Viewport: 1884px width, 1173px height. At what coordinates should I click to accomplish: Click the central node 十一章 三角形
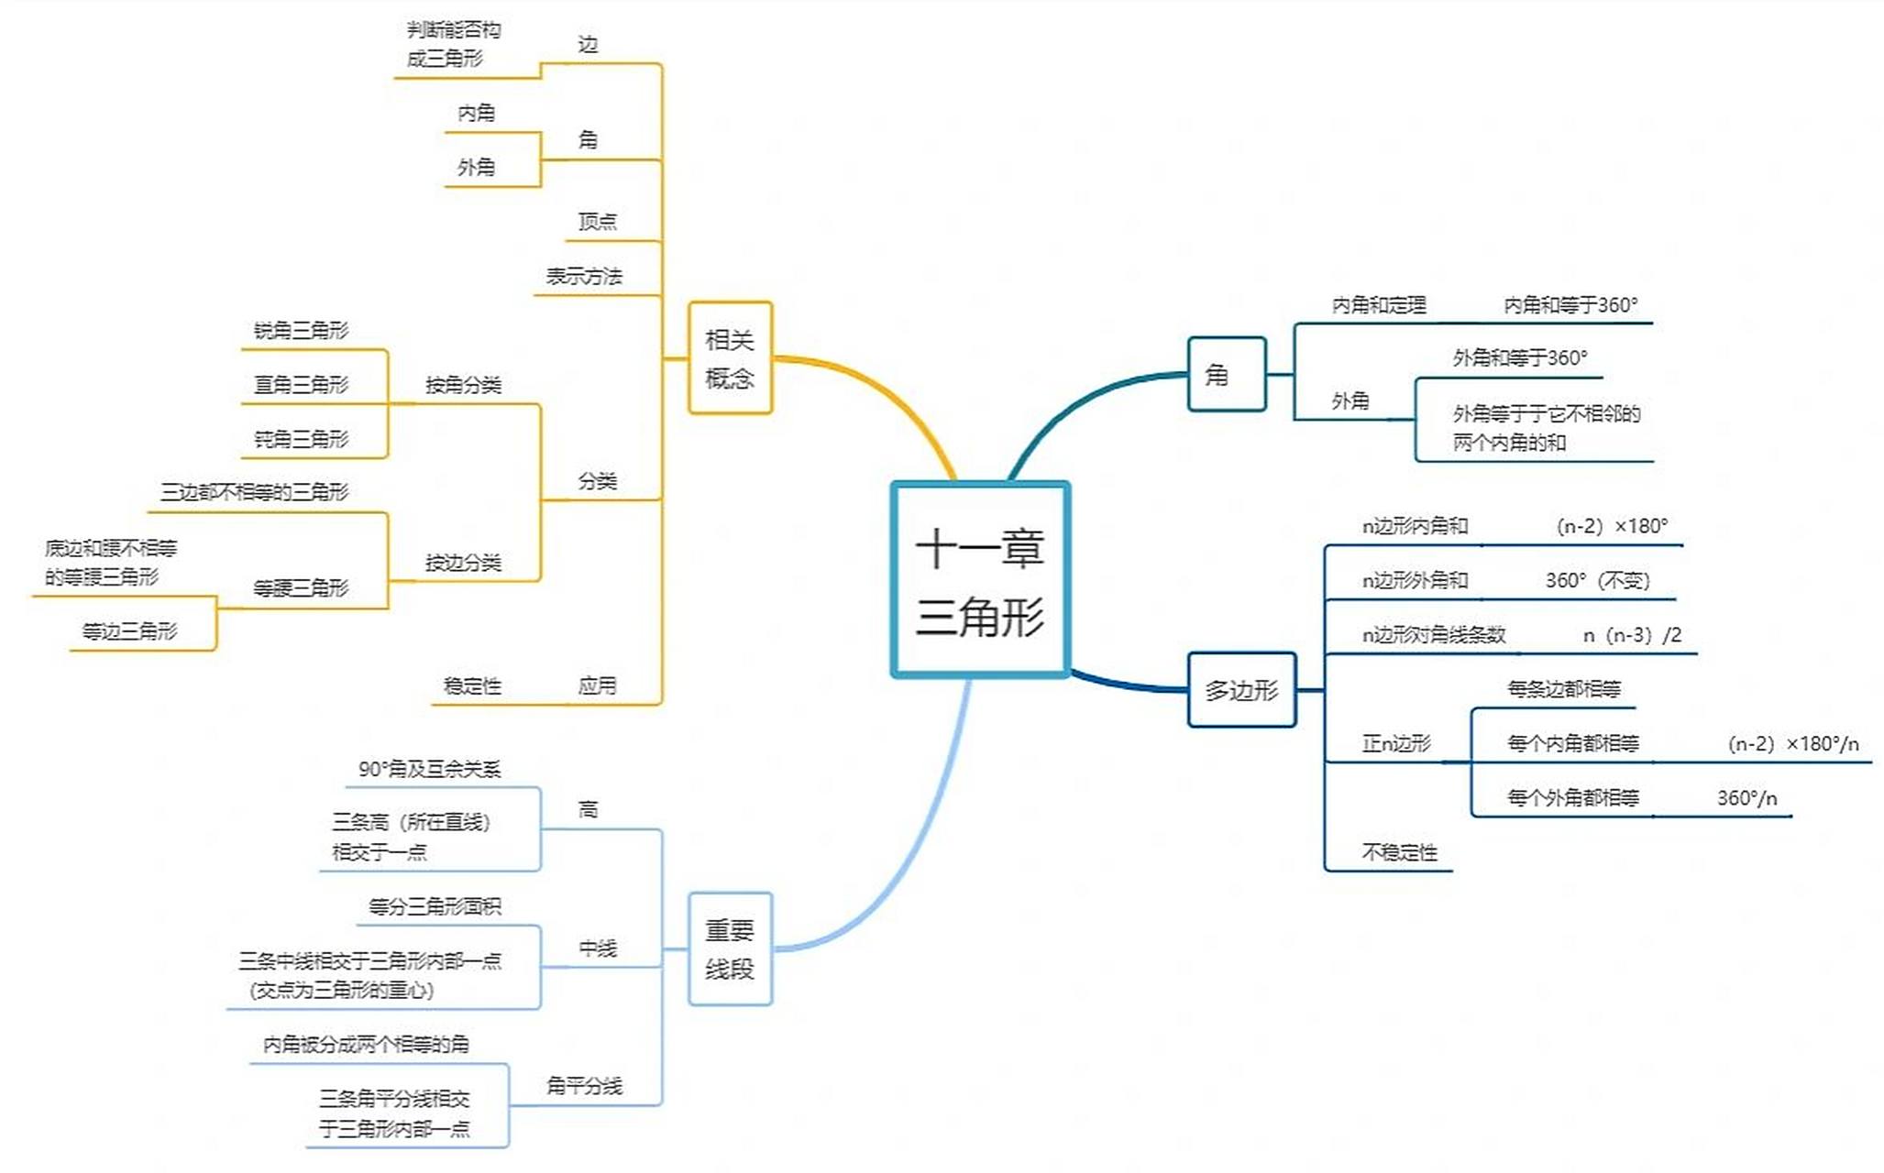[x=980, y=580]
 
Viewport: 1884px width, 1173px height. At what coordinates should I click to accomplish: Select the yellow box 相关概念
[x=730, y=358]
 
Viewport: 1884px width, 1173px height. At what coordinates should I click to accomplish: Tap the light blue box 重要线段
[x=730, y=949]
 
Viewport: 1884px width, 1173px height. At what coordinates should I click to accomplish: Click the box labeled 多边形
[x=1241, y=690]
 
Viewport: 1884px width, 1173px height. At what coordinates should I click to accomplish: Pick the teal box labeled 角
[x=1226, y=374]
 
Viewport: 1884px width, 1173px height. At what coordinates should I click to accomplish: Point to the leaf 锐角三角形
[x=301, y=331]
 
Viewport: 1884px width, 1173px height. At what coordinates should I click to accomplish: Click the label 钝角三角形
[x=301, y=440]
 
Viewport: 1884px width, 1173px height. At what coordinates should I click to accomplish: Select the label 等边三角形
[x=129, y=631]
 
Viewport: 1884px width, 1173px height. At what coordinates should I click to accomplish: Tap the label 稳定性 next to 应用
[x=472, y=685]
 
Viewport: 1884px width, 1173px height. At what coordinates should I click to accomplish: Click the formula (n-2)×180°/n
[x=1792, y=744]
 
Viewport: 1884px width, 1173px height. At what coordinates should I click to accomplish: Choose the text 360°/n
[x=1746, y=798]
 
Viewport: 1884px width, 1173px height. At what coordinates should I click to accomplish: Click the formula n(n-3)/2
[x=1632, y=635]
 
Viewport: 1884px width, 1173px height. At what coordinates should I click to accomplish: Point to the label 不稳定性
[x=1399, y=852]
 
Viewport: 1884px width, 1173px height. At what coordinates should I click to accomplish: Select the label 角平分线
[x=584, y=1086]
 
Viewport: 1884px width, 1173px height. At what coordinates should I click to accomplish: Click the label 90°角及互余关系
[x=429, y=769]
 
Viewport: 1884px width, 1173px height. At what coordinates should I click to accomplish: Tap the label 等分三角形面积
[x=435, y=907]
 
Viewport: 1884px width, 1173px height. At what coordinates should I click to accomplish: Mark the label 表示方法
[x=584, y=277]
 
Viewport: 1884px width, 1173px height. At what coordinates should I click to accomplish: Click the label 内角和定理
[x=1378, y=305]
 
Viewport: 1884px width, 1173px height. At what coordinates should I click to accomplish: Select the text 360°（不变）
[x=1597, y=581]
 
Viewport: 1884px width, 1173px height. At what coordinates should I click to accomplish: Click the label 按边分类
[x=463, y=563]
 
